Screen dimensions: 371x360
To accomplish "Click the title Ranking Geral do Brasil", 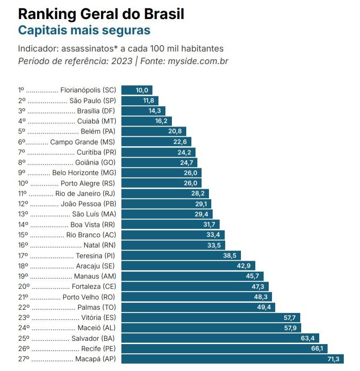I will pyautogui.click(x=101, y=14).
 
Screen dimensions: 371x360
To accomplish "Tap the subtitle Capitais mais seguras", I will pyautogui.click(x=84, y=31).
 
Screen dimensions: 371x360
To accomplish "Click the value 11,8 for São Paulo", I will pyautogui.click(x=148, y=101).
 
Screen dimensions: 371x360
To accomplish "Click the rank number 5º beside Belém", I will pyautogui.click(x=21, y=132).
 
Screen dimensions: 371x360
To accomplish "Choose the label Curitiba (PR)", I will pyautogui.click(x=96, y=152).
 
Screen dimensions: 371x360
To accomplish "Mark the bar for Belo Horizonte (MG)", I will pyautogui.click(x=155, y=173).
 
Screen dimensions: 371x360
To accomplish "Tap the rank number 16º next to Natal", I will pyautogui.click(x=23, y=245).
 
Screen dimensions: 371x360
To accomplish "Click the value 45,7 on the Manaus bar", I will pyautogui.click(x=253, y=276).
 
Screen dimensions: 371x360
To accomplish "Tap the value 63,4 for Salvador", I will pyautogui.click(x=308, y=338).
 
